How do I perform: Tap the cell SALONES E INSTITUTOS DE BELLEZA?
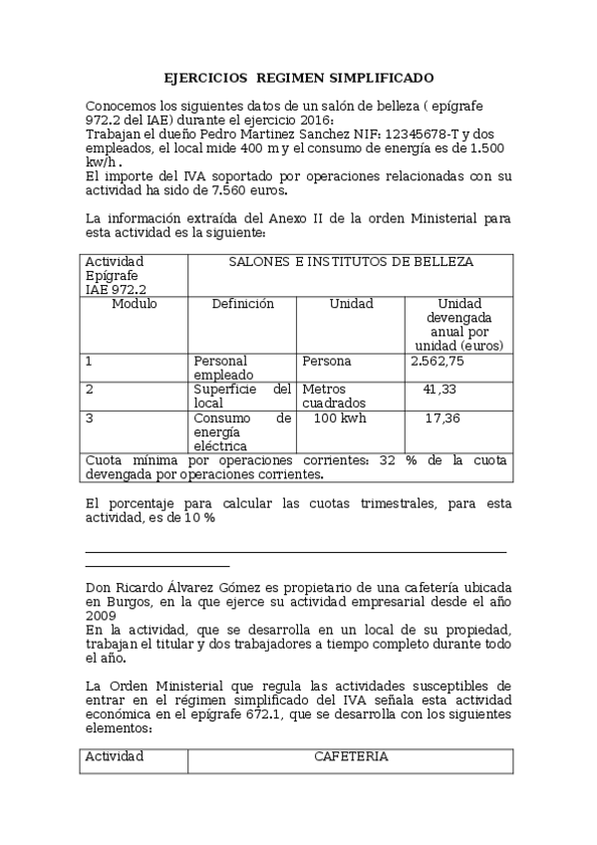tap(351, 262)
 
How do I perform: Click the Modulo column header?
tap(134, 304)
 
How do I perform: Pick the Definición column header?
tap(242, 304)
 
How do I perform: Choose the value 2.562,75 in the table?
tap(437, 361)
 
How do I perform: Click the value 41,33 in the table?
tap(440, 389)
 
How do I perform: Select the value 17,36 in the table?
tap(442, 419)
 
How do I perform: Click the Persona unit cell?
tap(327, 361)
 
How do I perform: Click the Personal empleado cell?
tap(220, 367)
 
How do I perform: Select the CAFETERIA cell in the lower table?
tap(351, 756)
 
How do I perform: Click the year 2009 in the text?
tap(101, 616)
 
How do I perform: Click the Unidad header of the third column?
tap(351, 304)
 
